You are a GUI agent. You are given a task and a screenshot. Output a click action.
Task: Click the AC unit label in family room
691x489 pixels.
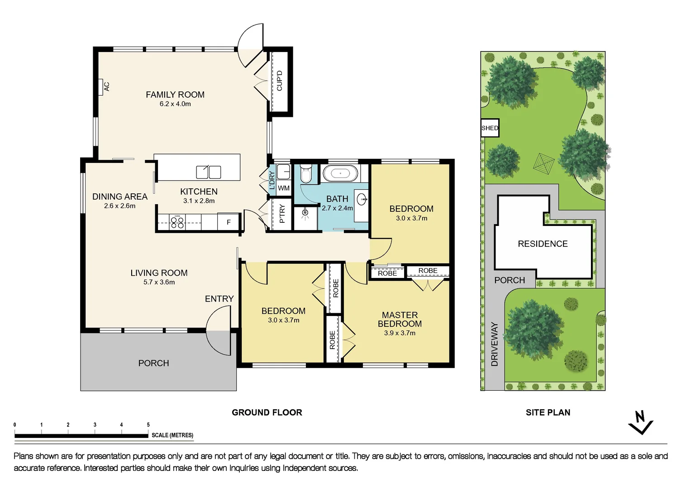tap(106, 86)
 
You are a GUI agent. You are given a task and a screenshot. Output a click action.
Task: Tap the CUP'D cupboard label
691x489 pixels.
tap(279, 81)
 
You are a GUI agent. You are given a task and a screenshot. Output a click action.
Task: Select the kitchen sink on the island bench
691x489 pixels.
tap(208, 172)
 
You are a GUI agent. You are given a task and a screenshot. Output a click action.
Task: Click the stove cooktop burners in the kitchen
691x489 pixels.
tap(177, 222)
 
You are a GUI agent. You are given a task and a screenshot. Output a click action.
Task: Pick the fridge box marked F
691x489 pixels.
tap(229, 222)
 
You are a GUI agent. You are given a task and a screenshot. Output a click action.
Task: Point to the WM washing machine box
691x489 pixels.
tap(284, 188)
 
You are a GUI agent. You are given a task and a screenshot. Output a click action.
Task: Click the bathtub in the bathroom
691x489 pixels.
tap(340, 173)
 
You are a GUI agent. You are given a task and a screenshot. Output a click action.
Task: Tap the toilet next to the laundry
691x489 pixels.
tap(306, 173)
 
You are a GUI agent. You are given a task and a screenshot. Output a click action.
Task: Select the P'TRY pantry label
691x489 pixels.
tap(282, 214)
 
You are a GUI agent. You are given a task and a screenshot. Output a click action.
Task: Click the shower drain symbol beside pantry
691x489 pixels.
tap(305, 212)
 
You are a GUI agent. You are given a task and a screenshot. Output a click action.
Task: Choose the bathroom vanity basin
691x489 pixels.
tap(362, 199)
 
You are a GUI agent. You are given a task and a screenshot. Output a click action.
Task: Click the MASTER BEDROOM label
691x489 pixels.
tap(400, 319)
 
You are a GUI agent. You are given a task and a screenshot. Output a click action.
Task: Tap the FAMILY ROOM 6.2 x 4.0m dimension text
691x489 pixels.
tap(175, 104)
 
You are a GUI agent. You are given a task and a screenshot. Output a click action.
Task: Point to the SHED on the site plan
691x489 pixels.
tap(490, 128)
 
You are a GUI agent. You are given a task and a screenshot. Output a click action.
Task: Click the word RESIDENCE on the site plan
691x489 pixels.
tap(543, 244)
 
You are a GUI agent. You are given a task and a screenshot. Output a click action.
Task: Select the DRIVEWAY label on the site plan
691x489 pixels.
tap(495, 344)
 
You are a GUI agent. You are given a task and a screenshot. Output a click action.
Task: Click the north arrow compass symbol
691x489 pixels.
tap(641, 422)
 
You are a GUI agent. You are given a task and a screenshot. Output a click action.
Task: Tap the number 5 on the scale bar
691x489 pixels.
tap(148, 425)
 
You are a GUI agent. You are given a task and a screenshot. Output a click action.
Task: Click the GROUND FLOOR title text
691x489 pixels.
tap(267, 412)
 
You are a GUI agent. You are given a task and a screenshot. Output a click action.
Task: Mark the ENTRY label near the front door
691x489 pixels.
tap(219, 299)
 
